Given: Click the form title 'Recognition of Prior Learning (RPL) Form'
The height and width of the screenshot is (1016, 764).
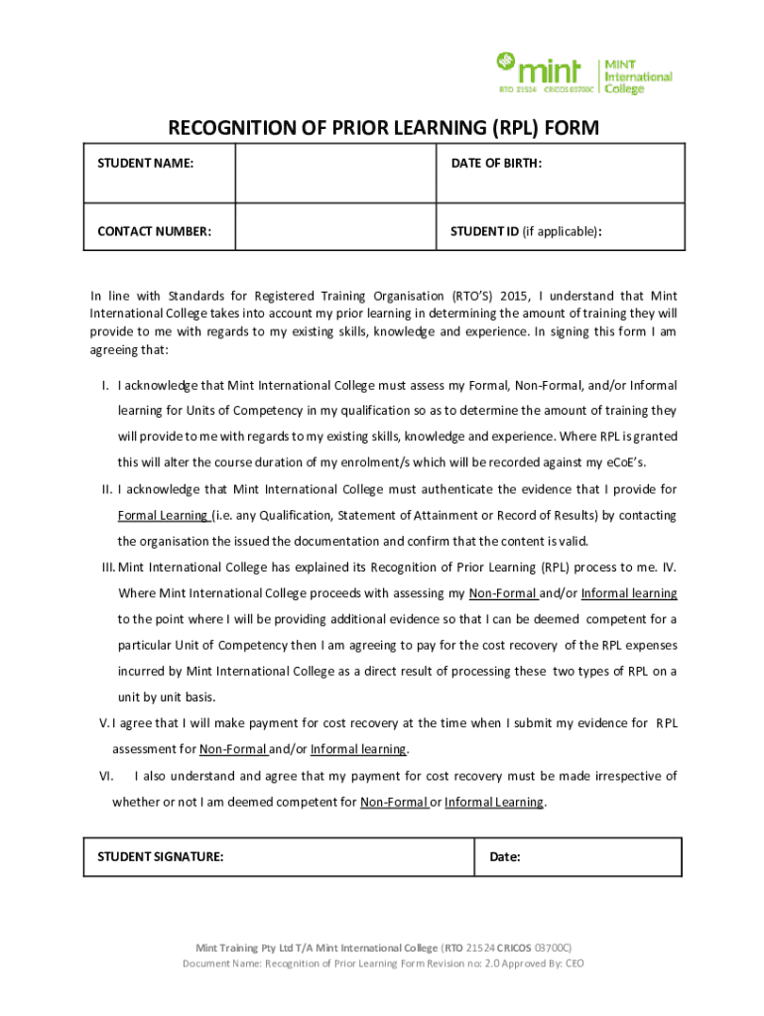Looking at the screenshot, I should (383, 128).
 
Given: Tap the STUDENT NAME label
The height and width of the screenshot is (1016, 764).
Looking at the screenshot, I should (145, 163).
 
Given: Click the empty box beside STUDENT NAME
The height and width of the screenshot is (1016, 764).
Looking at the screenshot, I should (335, 174).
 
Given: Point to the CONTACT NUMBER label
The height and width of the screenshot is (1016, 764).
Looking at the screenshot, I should (154, 232).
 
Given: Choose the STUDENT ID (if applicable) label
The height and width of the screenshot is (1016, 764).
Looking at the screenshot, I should (527, 232).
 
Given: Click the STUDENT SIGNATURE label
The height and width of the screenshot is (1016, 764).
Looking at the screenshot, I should (160, 856).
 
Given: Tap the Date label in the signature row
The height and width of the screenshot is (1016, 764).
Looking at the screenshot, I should (505, 856).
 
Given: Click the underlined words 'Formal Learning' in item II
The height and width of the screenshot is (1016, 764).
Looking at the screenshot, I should (163, 515).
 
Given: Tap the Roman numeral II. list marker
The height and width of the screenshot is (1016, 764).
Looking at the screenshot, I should (106, 489).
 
